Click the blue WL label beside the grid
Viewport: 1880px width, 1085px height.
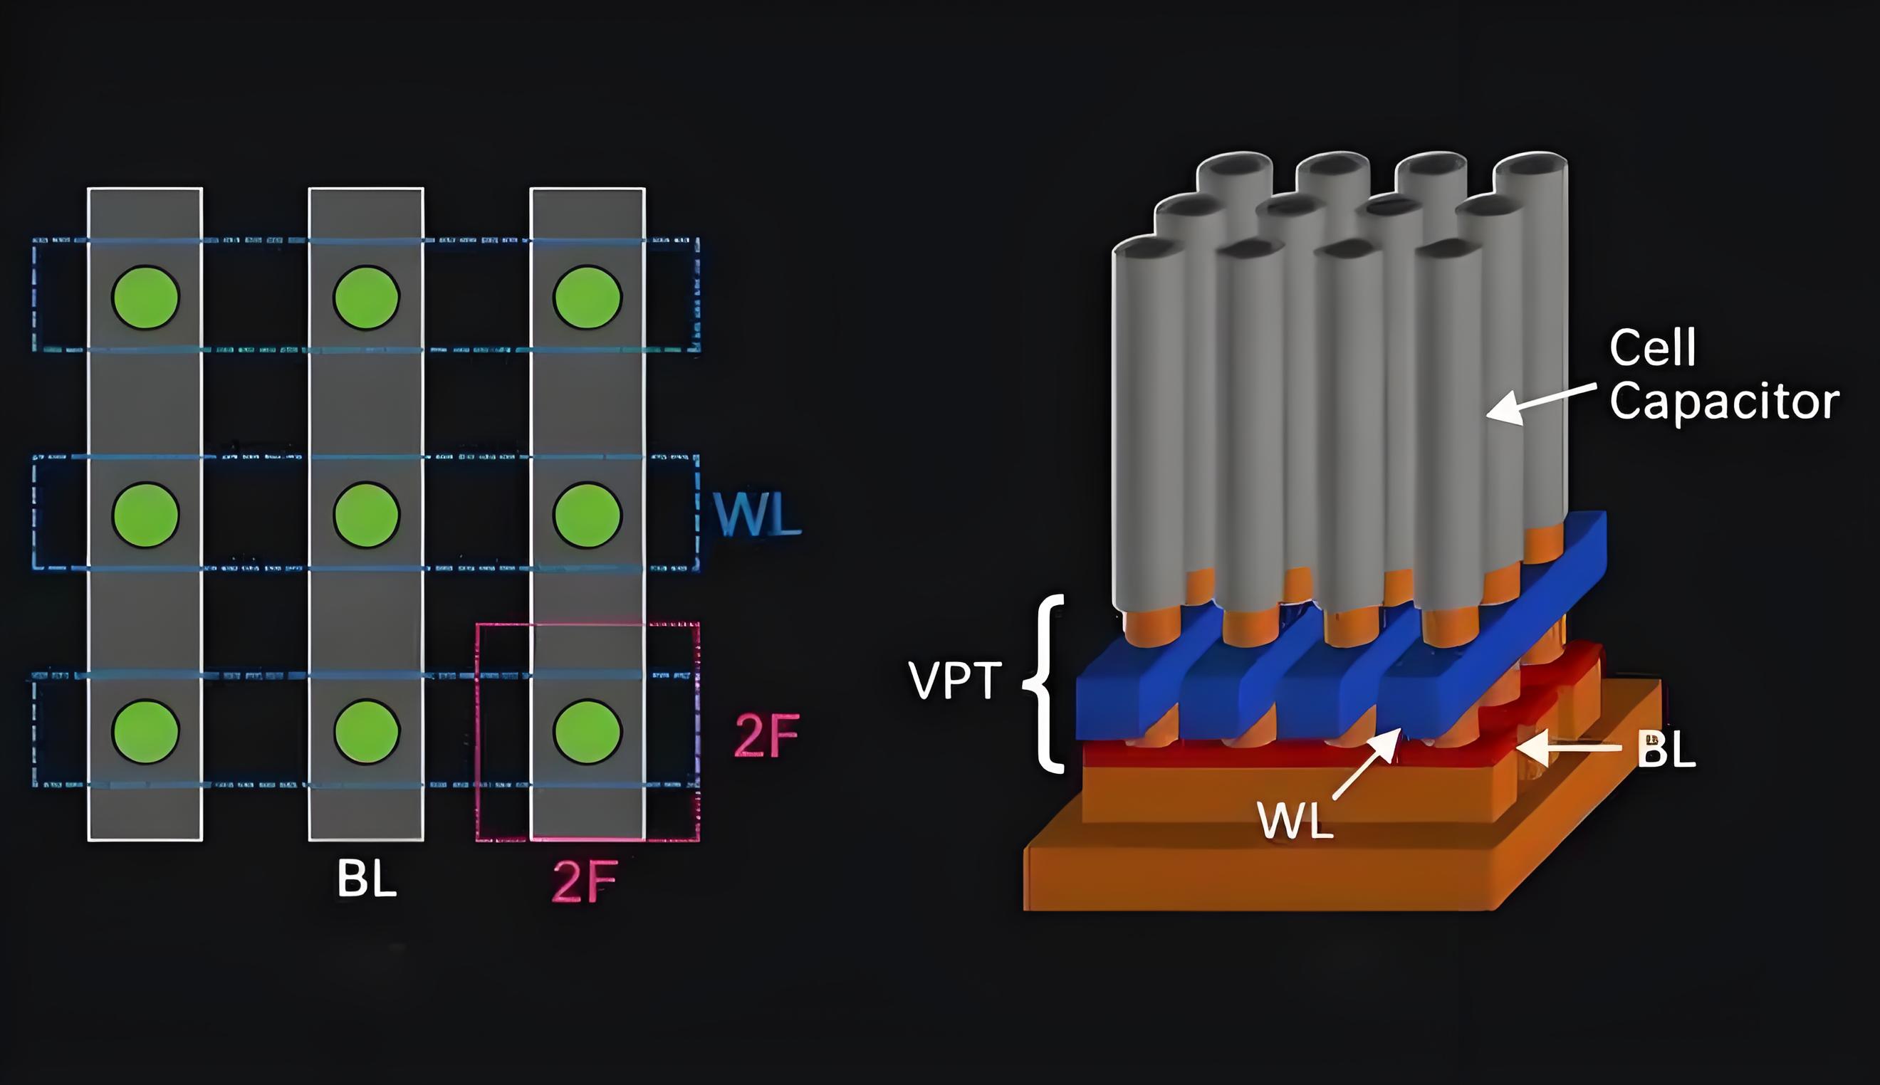pos(756,514)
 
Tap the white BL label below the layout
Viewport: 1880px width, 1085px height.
pos(366,879)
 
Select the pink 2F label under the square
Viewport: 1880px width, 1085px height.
pos(585,881)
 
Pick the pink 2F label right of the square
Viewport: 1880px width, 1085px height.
pos(766,736)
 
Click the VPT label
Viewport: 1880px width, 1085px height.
pos(954,681)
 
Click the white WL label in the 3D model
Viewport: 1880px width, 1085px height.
pos(1295,820)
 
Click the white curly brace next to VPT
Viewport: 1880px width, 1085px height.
pos(1046,683)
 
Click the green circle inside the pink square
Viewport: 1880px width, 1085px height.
pos(587,732)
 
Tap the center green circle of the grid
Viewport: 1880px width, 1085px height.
pos(367,515)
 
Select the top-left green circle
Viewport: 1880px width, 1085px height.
pos(145,298)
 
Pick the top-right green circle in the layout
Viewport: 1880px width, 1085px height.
pos(587,298)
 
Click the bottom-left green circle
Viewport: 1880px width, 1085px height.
pos(145,732)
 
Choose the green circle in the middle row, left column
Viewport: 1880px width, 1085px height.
pos(145,515)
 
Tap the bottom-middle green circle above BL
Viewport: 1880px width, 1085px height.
pos(367,732)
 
